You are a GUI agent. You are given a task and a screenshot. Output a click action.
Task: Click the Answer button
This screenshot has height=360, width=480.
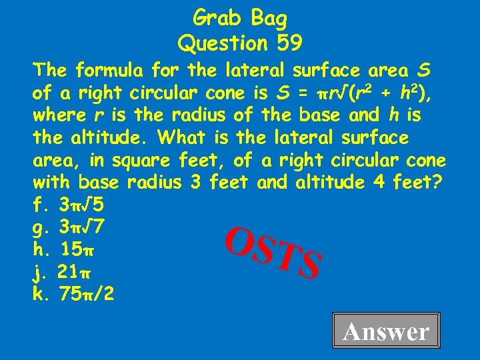pyautogui.click(x=386, y=331)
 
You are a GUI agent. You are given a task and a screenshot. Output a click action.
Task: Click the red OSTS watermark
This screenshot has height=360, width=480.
pyautogui.click(x=273, y=251)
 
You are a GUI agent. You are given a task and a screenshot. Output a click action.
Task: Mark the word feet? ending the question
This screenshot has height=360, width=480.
pyautogui.click(x=420, y=181)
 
